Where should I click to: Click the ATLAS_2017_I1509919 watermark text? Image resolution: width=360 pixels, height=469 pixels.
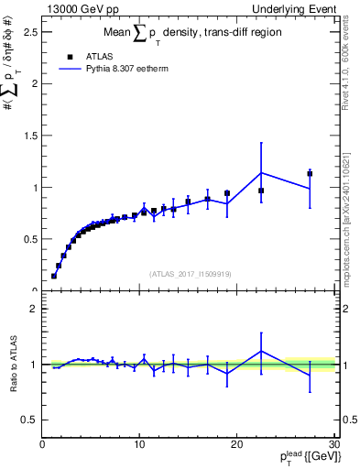pyautogui.click(x=190, y=274)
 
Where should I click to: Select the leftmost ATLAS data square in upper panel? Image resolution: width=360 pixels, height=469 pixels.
pyautogui.click(x=54, y=275)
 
